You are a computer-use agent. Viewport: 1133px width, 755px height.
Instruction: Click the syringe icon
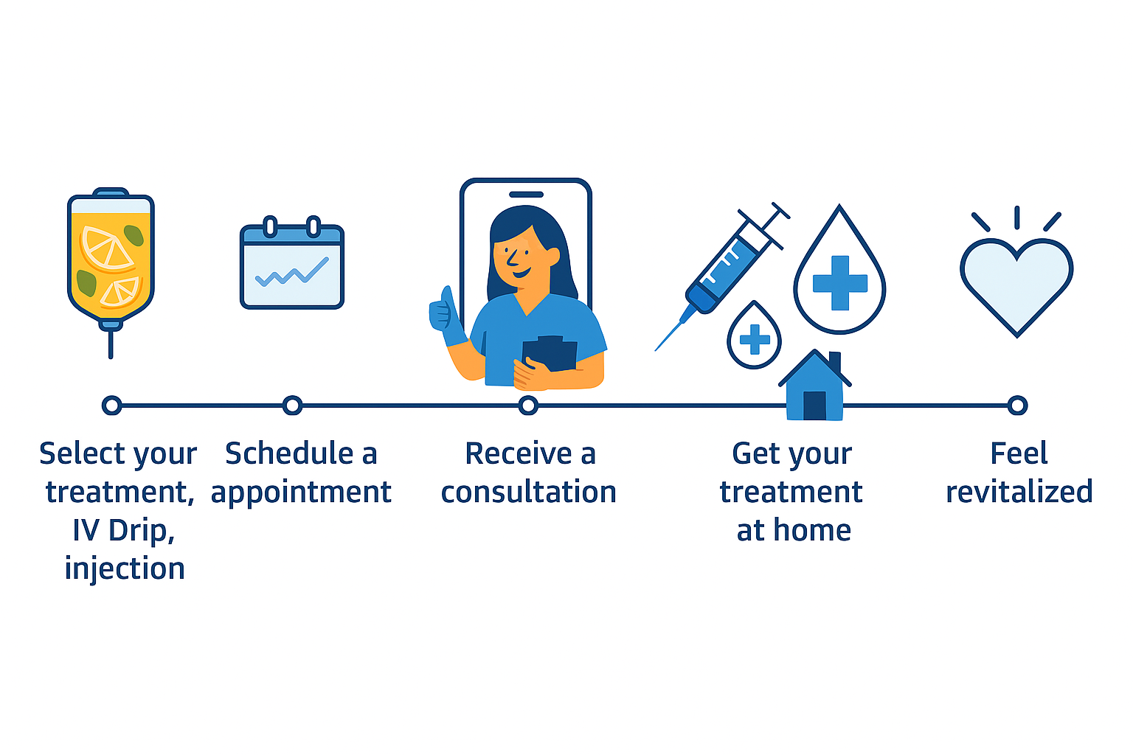pyautogui.click(x=727, y=269)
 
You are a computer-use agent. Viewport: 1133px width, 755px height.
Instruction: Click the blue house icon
pyautogui.click(x=814, y=387)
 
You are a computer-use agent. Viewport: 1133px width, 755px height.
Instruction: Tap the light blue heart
pyautogui.click(x=1016, y=284)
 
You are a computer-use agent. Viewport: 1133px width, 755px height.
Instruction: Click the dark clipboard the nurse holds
pyautogui.click(x=550, y=354)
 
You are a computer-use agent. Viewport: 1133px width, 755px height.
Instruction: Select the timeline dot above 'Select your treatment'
pyautogui.click(x=111, y=405)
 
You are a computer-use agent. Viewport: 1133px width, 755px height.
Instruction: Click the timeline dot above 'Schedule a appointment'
pyautogui.click(x=293, y=405)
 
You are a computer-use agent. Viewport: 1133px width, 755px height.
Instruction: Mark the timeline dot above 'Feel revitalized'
pyautogui.click(x=1017, y=405)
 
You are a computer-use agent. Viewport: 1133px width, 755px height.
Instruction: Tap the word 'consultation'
pyautogui.click(x=528, y=492)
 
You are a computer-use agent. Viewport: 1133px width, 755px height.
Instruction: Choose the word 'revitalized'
pyautogui.click(x=1019, y=492)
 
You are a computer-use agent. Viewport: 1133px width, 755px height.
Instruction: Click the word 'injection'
pyautogui.click(x=125, y=568)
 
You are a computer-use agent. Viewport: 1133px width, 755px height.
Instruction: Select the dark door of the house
pyautogui.click(x=814, y=405)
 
